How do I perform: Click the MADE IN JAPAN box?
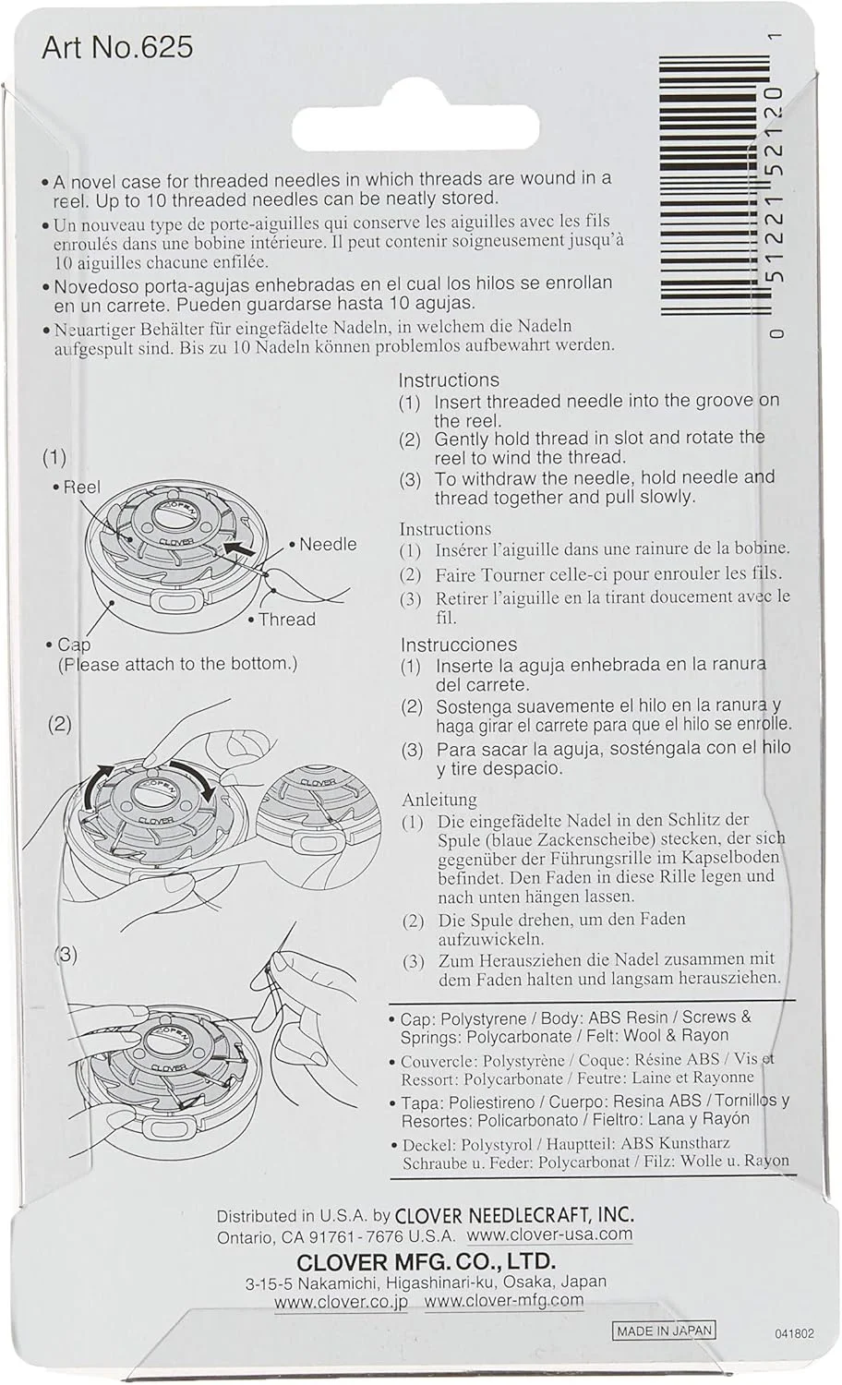click(664, 1331)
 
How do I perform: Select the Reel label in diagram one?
click(81, 487)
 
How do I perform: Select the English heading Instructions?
click(449, 379)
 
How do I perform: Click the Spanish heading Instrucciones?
click(458, 644)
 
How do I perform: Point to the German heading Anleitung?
click(439, 800)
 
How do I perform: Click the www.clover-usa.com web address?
click(549, 1234)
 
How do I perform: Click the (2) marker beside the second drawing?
click(59, 723)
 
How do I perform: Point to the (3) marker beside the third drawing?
click(65, 954)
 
